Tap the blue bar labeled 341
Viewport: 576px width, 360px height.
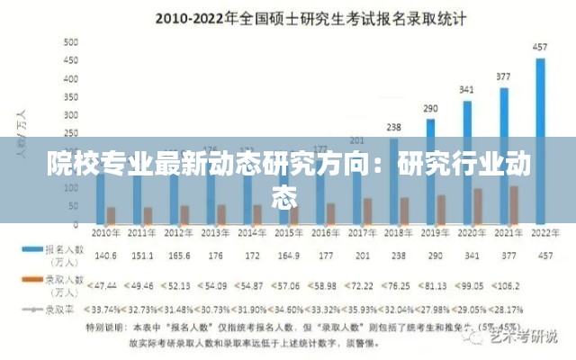click(x=467, y=161)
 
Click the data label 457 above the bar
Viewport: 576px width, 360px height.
click(x=540, y=46)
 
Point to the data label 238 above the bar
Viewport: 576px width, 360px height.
click(x=393, y=127)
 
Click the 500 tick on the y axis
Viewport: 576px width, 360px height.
click(x=69, y=42)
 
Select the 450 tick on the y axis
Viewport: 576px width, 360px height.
click(x=69, y=60)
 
